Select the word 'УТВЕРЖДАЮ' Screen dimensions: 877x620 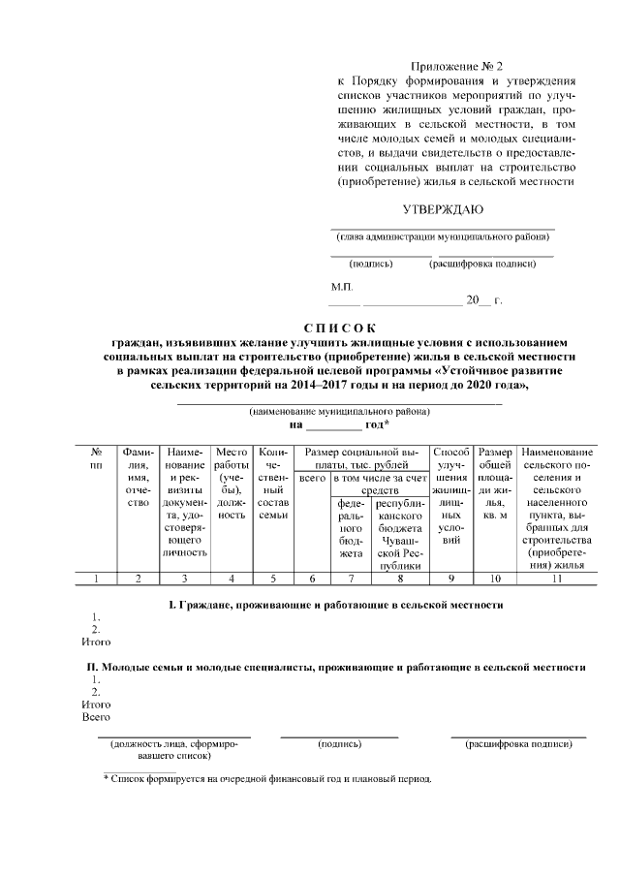tap(443, 209)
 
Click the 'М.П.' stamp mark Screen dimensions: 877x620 tap(342, 287)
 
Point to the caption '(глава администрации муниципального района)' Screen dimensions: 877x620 tap(441, 236)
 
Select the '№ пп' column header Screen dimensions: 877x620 tap(96, 460)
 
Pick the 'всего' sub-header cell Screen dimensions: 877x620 tap(312, 479)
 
